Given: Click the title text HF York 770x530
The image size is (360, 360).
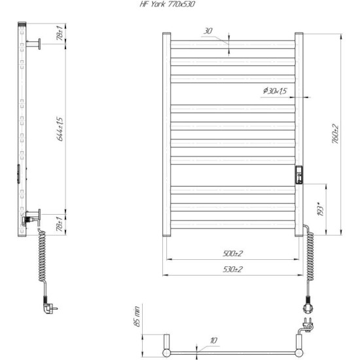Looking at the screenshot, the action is [168, 4].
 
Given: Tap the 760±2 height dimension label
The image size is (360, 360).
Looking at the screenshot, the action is [335, 134].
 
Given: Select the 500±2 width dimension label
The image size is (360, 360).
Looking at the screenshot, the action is [232, 254].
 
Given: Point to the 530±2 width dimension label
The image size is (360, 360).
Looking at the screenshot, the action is [232, 269].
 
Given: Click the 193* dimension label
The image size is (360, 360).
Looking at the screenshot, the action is [321, 209].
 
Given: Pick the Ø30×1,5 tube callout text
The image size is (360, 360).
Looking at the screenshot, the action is [275, 91].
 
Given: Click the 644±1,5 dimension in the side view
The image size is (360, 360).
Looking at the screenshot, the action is [60, 129].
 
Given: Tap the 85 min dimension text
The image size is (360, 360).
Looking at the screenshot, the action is [136, 316].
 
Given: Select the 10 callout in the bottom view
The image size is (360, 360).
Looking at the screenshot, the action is [213, 340].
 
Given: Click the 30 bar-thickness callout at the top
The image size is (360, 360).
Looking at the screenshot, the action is [208, 31].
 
